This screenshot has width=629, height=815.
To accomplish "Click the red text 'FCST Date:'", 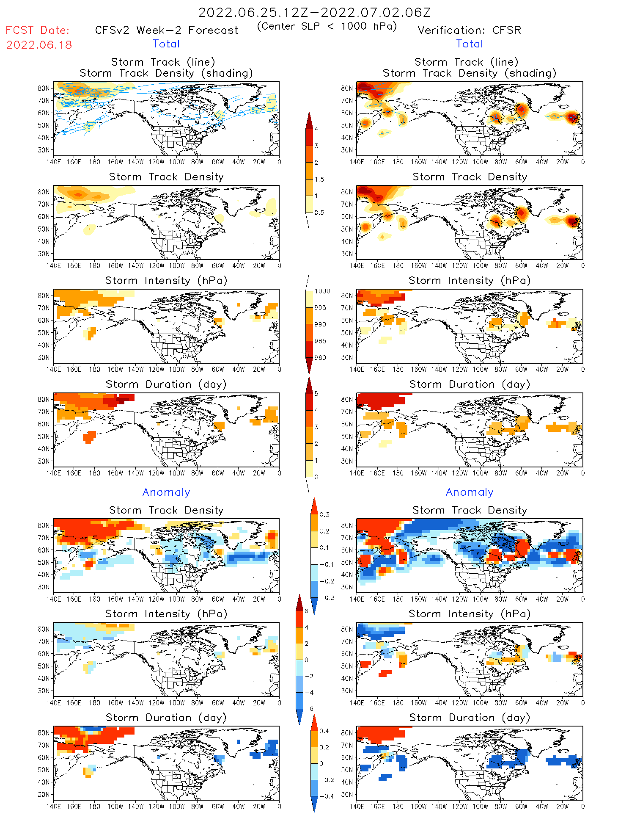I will tap(37, 30).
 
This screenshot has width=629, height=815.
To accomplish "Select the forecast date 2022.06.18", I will tap(39, 45).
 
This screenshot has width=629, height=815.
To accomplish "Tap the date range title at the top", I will tap(314, 12).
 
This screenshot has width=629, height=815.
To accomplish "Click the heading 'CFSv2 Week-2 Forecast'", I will tap(167, 30).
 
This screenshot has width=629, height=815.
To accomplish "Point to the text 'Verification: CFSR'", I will tap(469, 30).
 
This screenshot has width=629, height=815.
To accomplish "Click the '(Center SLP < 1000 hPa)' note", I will tap(327, 26).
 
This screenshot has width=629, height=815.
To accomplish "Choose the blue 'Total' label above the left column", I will tap(166, 44).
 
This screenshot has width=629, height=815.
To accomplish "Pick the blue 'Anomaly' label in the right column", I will tap(470, 492).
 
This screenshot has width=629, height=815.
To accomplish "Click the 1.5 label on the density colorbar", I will tap(319, 179).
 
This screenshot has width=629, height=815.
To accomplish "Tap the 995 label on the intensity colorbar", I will tap(320, 308).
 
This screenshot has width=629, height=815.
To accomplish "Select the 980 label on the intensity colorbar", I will tap(320, 358).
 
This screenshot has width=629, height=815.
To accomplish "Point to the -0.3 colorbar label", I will tap(327, 598).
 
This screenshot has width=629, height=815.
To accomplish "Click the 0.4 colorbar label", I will tap(324, 731).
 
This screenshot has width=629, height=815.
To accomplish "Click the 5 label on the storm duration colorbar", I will tap(316, 394).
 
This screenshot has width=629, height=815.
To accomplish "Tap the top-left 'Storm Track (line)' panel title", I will tap(163, 62).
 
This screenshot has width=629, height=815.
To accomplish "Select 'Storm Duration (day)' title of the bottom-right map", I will tap(470, 718).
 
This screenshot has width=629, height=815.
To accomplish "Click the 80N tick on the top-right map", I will tap(347, 88).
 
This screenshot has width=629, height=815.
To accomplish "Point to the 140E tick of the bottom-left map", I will tap(54, 807).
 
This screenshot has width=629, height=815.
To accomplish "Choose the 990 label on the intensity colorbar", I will tap(320, 324).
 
